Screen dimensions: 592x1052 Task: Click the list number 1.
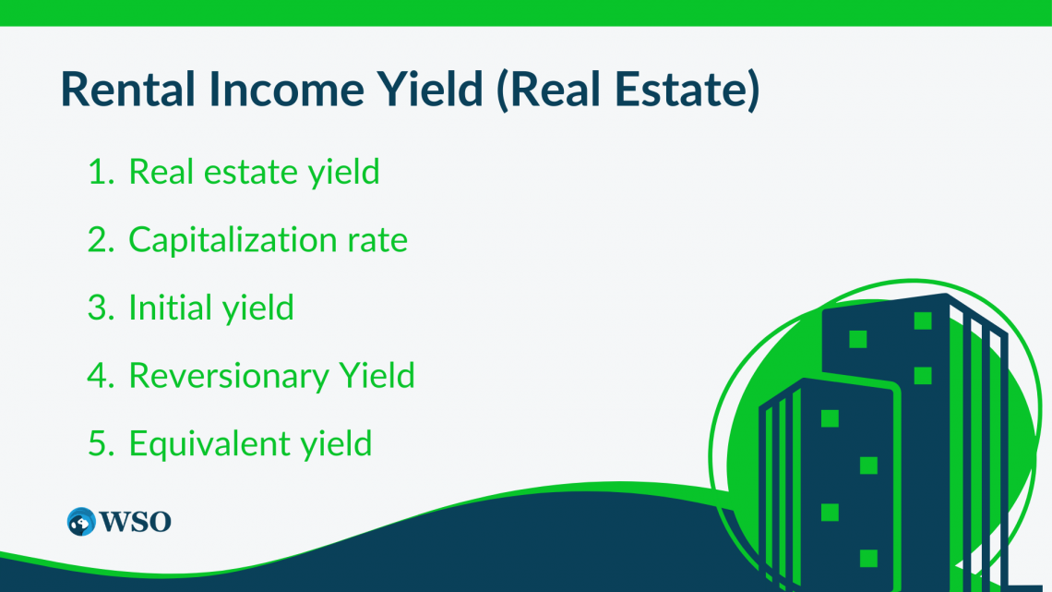pyautogui.click(x=98, y=172)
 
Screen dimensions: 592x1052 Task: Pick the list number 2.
pyautogui.click(x=99, y=240)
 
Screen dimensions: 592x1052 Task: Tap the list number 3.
pyautogui.click(x=99, y=308)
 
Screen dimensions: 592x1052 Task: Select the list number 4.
pyautogui.click(x=99, y=376)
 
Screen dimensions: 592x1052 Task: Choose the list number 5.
pyautogui.click(x=99, y=443)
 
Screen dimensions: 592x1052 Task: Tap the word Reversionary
pyautogui.click(x=227, y=377)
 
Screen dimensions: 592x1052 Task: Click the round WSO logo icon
pyautogui.click(x=81, y=521)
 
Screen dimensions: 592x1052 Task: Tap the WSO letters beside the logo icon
pyautogui.click(x=136, y=522)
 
